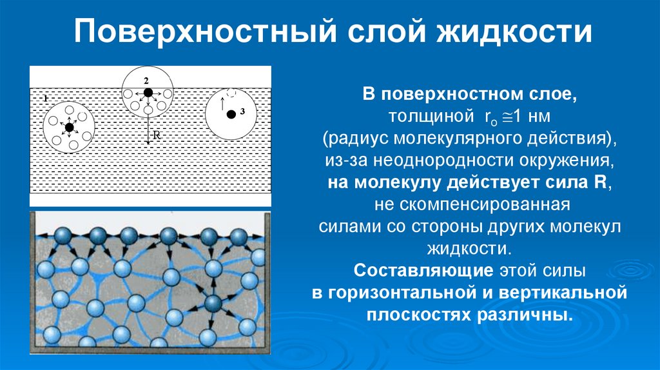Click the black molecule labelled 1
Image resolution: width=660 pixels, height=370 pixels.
click(x=69, y=127)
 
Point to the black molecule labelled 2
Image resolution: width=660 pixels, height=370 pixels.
click(x=148, y=93)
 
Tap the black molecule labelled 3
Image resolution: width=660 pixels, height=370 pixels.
click(x=230, y=114)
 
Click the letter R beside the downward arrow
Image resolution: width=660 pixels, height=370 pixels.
click(x=156, y=136)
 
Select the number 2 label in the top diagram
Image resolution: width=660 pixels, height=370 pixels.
click(x=146, y=80)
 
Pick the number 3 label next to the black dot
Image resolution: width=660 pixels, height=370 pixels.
click(x=242, y=112)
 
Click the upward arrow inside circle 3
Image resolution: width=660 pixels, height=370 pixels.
click(x=221, y=102)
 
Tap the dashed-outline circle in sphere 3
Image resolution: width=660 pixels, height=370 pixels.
click(x=231, y=93)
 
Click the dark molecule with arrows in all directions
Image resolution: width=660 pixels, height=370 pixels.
click(x=213, y=303)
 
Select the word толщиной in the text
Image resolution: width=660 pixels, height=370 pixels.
click(x=419, y=117)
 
